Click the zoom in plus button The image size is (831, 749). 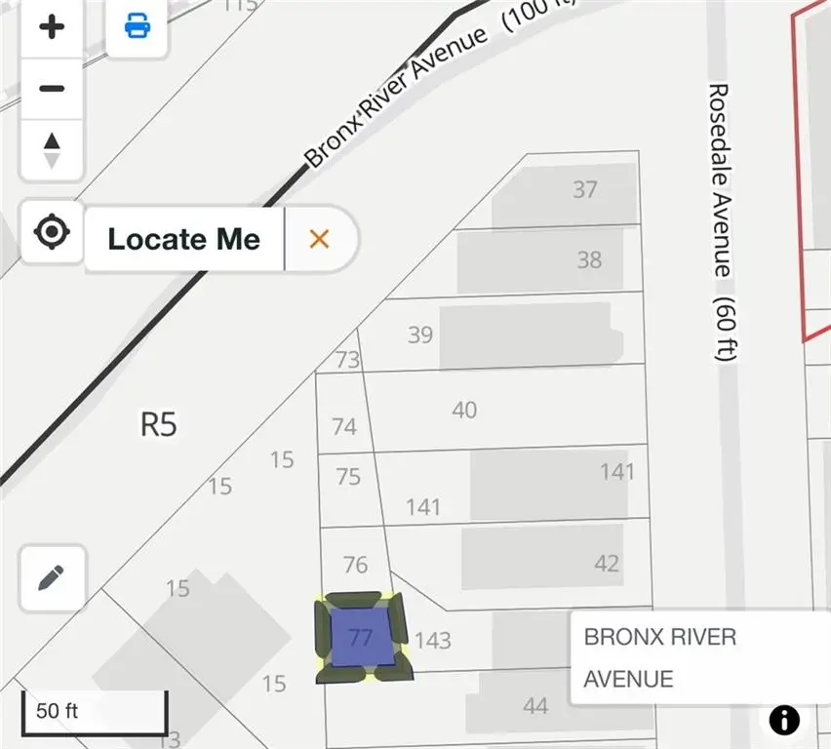52,26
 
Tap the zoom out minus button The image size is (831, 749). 52,88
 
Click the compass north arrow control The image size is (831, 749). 52,148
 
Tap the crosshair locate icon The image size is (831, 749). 52,233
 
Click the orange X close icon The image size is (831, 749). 319,239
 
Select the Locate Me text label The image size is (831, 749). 183,239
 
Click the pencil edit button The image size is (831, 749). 52,577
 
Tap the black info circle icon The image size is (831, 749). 784,720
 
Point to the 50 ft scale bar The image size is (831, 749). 95,711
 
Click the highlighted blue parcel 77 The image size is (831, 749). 361,638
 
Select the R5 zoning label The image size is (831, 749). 158,424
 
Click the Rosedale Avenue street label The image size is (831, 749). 720,222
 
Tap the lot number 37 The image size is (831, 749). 585,189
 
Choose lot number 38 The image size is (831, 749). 589,259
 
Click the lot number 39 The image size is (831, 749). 420,335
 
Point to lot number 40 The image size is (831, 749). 464,410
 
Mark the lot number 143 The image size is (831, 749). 433,640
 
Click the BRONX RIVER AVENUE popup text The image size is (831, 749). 659,657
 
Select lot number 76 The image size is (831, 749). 356,565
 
